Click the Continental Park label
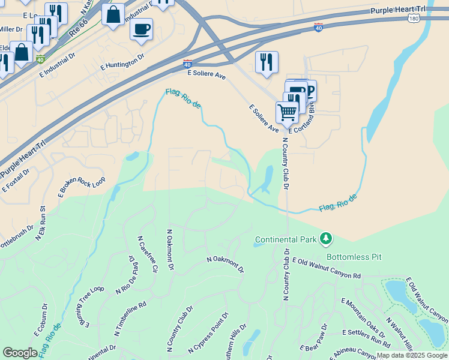pos(286,239)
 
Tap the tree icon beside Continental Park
pos(326,239)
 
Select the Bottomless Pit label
pos(354,257)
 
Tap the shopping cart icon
pos(288,112)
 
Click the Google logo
pos(20,353)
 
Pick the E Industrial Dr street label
pos(56,66)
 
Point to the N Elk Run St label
pos(40,224)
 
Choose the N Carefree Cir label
pos(148,257)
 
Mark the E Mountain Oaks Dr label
pos(363,314)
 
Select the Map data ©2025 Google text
pos(411,355)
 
